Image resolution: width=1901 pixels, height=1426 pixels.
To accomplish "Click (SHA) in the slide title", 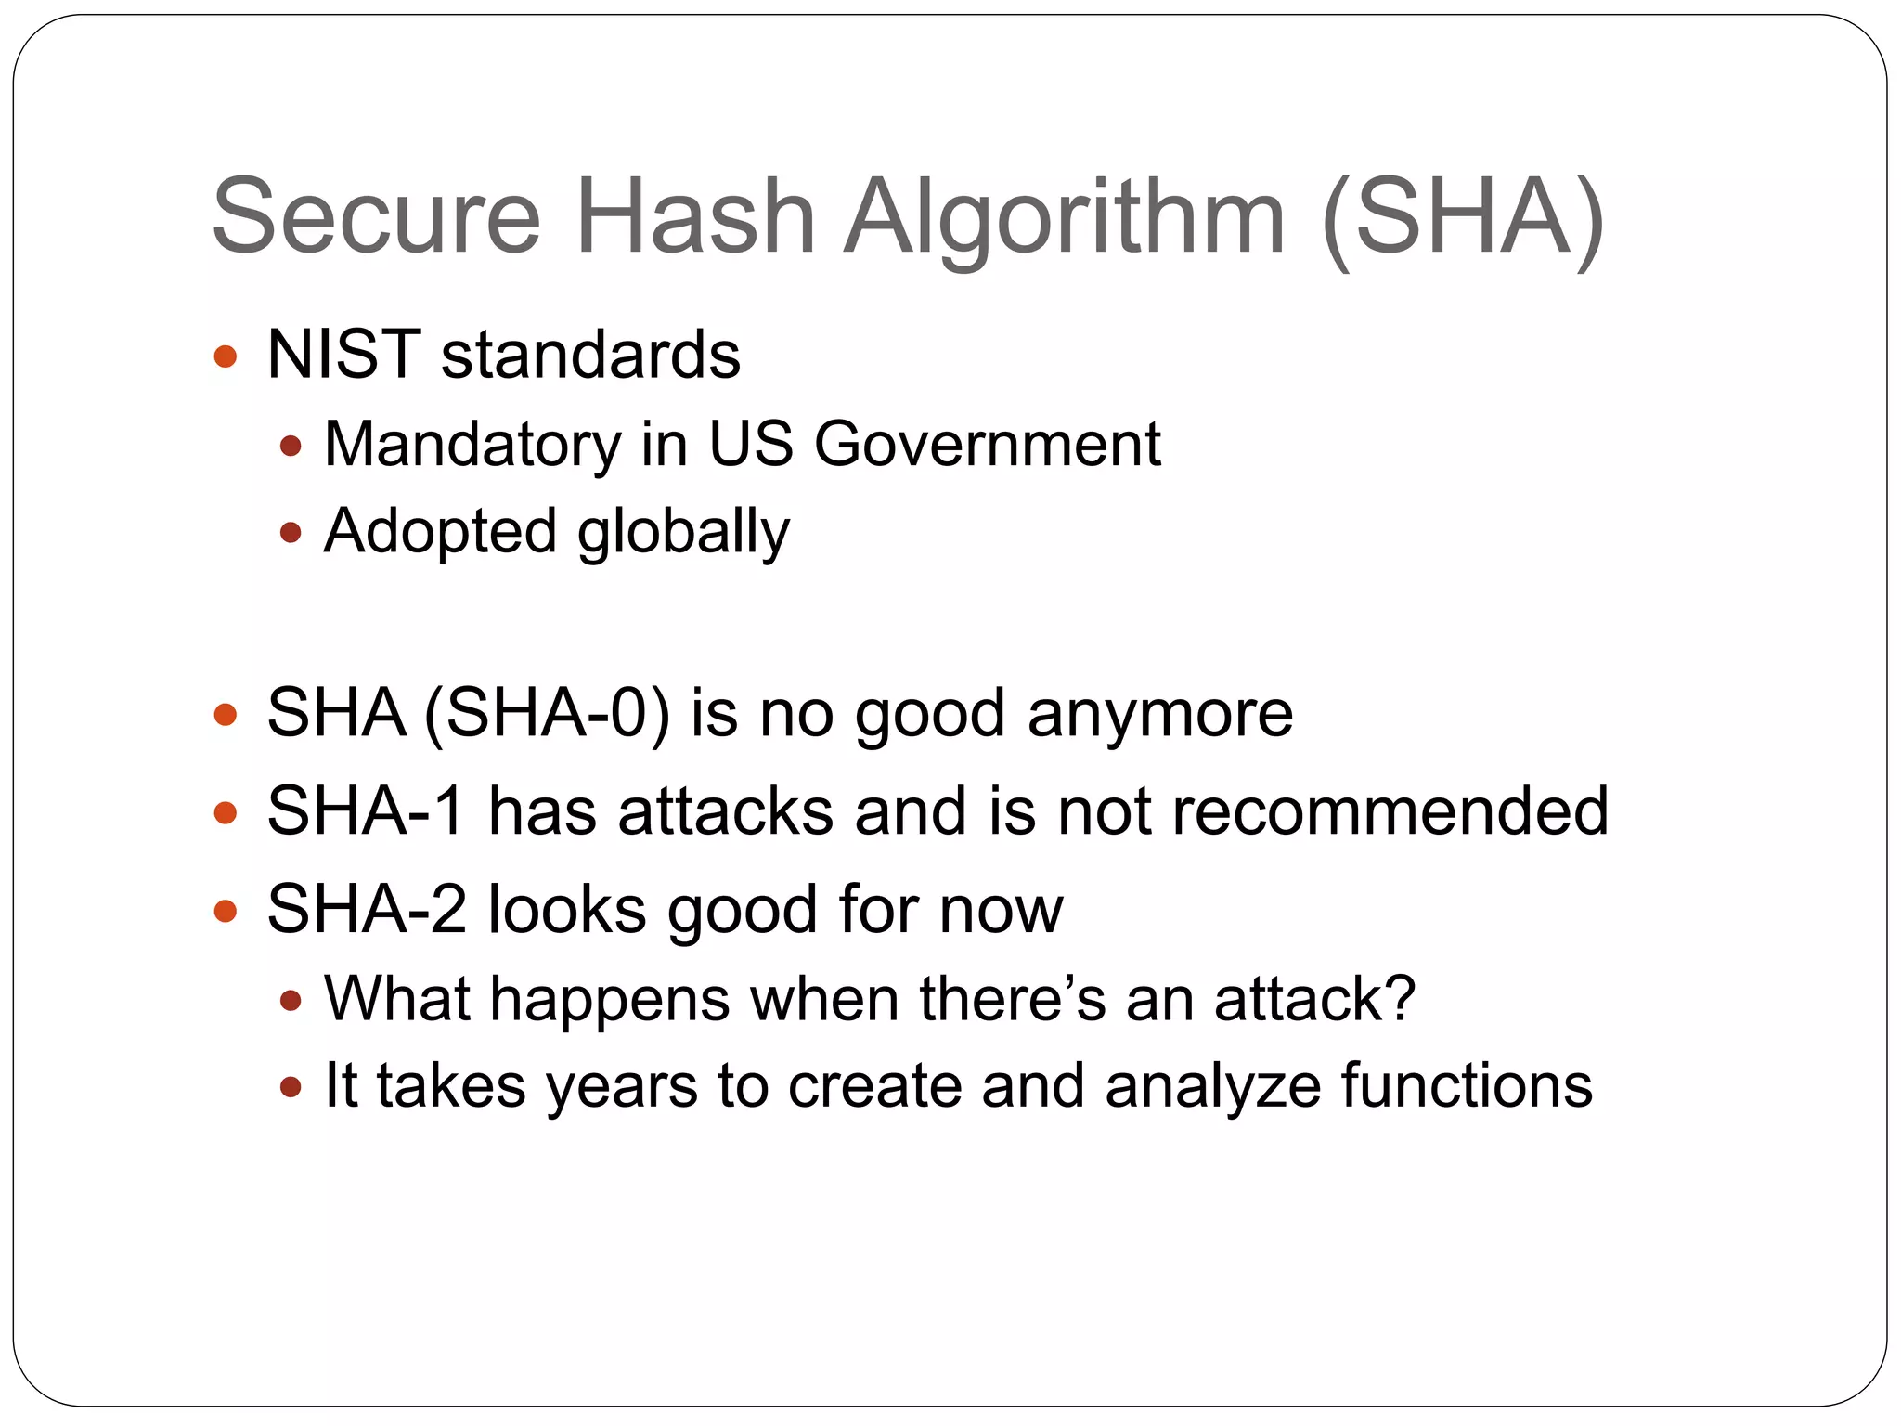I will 1462,218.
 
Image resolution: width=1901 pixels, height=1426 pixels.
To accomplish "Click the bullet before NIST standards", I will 226,356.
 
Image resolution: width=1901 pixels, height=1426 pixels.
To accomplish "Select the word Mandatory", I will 472,445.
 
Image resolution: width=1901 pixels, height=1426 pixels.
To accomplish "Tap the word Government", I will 987,445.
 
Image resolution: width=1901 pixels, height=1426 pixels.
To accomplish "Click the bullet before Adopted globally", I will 291,533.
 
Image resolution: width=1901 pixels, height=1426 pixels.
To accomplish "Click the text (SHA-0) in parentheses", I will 547,714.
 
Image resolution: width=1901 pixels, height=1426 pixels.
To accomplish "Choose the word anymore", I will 1159,716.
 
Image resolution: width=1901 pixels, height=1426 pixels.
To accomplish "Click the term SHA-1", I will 366,811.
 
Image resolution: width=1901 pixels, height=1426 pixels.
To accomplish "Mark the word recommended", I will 1390,811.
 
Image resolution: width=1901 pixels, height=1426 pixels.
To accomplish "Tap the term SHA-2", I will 367,909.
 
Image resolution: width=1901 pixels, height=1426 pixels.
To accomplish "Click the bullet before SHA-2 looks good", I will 226,911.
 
